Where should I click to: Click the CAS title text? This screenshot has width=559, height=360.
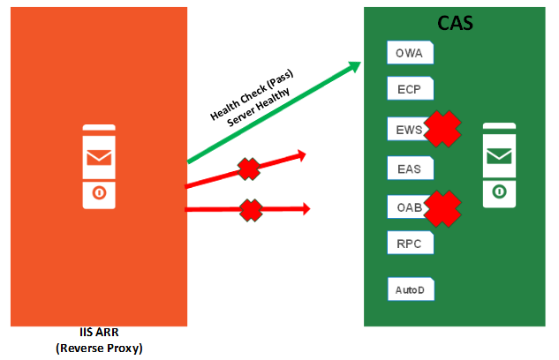tap(456, 23)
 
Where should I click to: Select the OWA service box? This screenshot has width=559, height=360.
tap(410, 53)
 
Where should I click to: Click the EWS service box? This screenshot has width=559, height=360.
tap(407, 129)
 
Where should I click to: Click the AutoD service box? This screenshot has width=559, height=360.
tap(411, 289)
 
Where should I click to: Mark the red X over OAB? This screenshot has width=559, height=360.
tap(444, 208)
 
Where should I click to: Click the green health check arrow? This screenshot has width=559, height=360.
tap(274, 112)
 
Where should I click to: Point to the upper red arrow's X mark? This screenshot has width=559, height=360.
tap(250, 168)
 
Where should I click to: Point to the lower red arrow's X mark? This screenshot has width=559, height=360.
tap(251, 209)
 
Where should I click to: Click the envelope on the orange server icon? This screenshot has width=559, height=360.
tap(98, 158)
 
